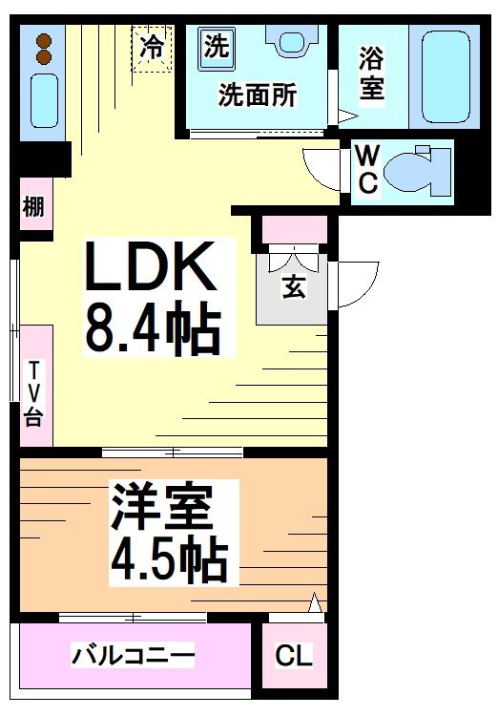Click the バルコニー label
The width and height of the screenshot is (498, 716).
click(134, 656)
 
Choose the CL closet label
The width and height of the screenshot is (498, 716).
click(293, 657)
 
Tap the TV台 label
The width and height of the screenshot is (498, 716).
click(34, 392)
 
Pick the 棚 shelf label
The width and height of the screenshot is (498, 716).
click(34, 206)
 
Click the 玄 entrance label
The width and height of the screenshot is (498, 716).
click(293, 287)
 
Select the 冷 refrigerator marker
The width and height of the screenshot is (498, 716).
click(152, 46)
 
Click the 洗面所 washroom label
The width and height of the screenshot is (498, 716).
click(257, 95)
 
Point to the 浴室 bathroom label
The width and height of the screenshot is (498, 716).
click(372, 74)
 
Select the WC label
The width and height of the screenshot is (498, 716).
click(367, 168)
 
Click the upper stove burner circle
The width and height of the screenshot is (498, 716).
click(42, 39)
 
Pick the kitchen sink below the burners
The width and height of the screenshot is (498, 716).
click(42, 100)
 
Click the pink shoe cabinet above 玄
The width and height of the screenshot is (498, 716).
click(293, 230)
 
